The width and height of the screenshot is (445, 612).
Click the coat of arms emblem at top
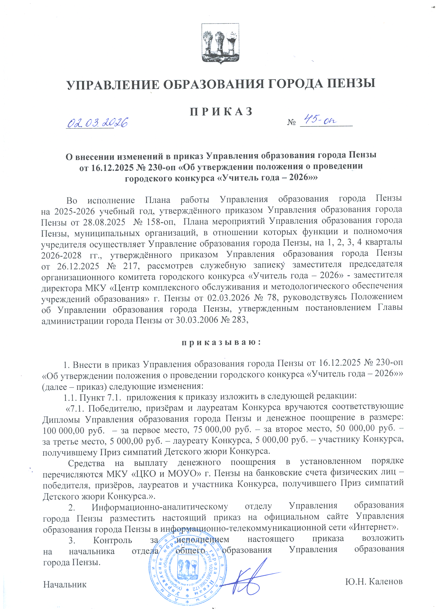pos(220,43)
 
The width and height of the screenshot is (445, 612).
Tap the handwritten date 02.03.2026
pos(97,123)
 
